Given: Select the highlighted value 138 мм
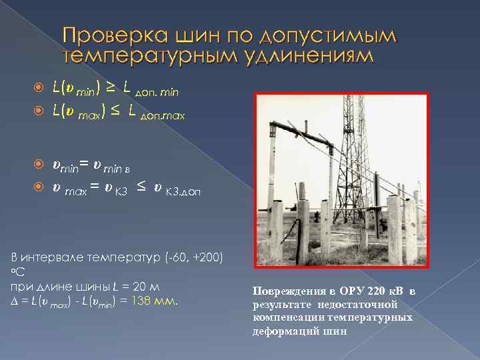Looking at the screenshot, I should (157, 301).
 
